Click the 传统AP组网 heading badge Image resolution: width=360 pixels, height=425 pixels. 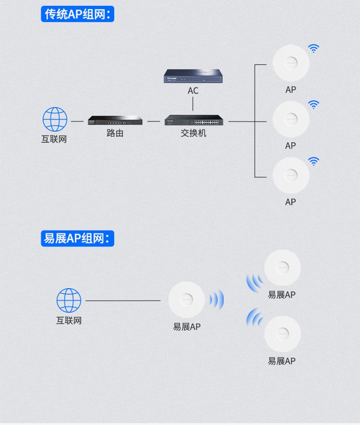[77, 14]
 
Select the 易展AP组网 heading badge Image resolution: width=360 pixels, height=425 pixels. [77, 238]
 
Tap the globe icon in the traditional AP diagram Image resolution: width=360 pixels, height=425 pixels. [55, 119]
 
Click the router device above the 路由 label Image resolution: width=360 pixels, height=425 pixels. [115, 120]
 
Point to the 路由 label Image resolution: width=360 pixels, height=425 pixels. [115, 133]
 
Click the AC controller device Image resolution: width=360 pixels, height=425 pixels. [193, 76]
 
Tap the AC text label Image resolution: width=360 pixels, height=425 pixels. [193, 91]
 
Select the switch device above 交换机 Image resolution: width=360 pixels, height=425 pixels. [194, 120]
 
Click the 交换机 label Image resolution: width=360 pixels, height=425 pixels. [193, 133]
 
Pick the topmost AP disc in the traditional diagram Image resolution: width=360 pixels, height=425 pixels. [291, 63]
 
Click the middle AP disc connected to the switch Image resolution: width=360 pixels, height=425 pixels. [291, 119]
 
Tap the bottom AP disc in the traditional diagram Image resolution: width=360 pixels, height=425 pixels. [291, 176]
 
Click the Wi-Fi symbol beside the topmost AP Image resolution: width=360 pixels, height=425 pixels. [314, 48]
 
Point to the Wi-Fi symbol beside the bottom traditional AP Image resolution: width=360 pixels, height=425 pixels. [314, 161]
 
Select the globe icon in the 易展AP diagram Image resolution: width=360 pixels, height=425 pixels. [69, 301]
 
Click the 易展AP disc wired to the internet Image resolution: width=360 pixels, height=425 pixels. [187, 300]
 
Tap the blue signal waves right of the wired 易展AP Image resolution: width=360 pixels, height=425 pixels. [217, 300]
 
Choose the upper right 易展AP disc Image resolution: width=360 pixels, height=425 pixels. [283, 268]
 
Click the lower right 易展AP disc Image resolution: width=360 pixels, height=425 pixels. [283, 334]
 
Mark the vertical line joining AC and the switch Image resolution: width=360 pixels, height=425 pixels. [193, 104]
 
